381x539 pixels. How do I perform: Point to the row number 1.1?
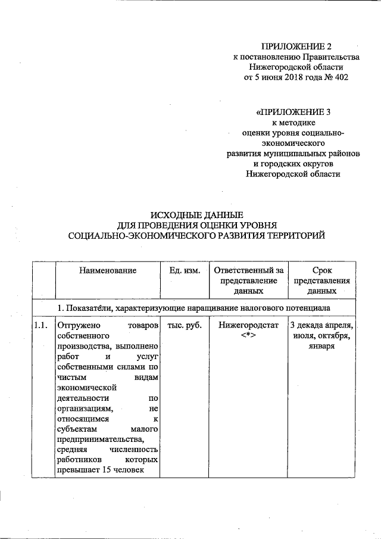click(41, 326)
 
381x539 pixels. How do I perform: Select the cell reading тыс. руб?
click(185, 326)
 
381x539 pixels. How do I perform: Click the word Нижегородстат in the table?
click(248, 326)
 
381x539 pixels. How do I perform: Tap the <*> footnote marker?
click(248, 337)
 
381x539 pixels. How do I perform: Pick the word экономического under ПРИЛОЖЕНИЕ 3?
click(293, 144)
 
